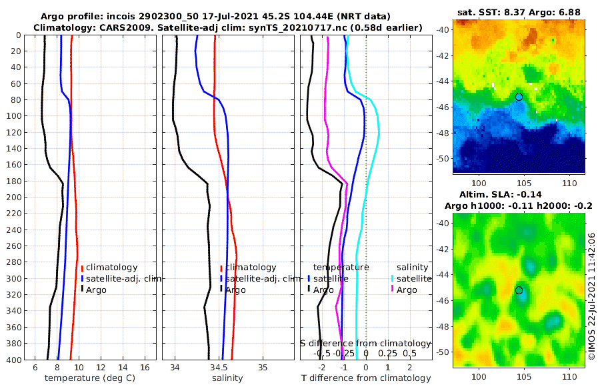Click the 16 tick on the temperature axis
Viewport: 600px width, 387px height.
coord(144,368)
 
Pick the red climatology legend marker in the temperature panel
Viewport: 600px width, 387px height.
coord(83,268)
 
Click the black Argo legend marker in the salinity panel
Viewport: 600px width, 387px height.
coord(221,290)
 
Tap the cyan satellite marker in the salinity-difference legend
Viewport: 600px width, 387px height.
coord(393,278)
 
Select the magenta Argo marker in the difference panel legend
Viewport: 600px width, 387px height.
coord(393,290)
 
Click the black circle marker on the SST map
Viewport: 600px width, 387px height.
coord(519,97)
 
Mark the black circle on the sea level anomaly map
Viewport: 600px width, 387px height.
coord(519,290)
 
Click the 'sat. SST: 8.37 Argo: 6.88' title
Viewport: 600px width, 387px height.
coord(519,13)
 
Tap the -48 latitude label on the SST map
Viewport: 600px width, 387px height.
coord(443,133)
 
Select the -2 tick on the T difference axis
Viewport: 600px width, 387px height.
coord(322,368)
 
